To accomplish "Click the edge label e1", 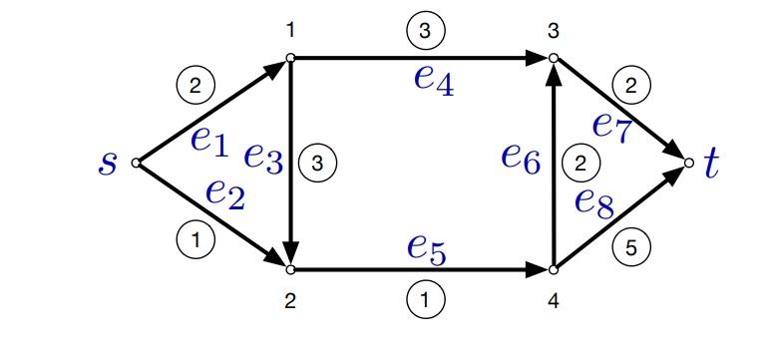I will [208, 141].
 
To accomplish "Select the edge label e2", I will [224, 192].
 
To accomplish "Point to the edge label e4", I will [434, 79].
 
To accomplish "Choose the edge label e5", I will [426, 247].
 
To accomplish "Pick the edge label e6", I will [521, 156].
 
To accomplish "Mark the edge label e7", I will [611, 126].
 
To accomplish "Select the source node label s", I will [107, 163].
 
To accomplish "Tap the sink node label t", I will [710, 163].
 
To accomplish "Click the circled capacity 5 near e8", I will [629, 247].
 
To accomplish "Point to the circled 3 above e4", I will [424, 32].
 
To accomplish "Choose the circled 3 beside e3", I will [317, 163].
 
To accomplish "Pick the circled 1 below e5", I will [424, 297].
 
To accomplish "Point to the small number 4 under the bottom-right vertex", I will [553, 299].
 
